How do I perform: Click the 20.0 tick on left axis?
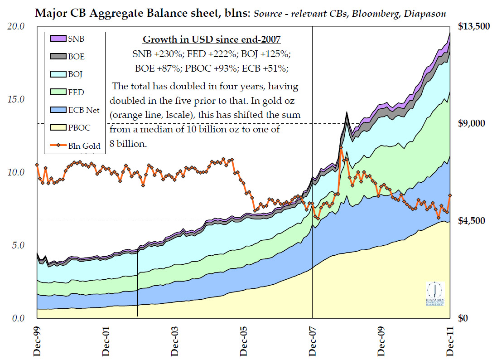[17, 26]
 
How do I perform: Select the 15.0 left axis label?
[17, 99]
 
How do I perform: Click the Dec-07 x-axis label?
[313, 339]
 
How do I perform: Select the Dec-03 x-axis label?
[175, 339]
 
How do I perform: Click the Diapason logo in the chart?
[435, 294]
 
